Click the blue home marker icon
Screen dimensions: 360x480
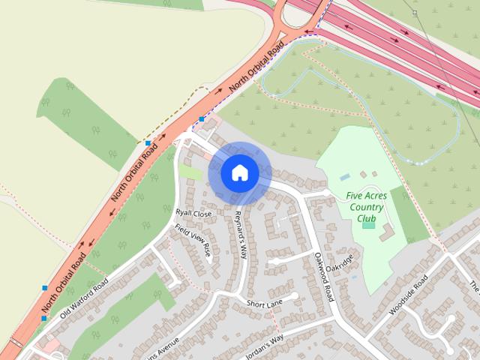point(239,172)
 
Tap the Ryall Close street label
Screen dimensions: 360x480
point(193,213)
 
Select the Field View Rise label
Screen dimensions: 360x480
point(193,241)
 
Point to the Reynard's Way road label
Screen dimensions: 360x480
point(239,234)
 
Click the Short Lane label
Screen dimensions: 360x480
point(264,302)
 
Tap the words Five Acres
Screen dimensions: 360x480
point(365,196)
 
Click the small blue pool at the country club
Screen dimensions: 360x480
point(344,178)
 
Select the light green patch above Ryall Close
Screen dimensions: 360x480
point(190,172)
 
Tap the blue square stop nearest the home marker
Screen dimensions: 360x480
point(202,119)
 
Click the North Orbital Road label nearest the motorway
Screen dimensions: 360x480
point(257,67)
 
